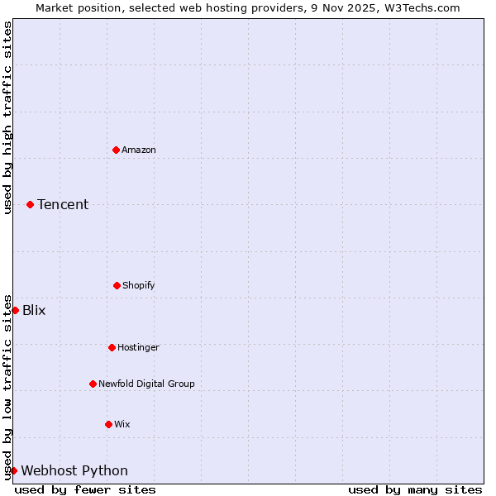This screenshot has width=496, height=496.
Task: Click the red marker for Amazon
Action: point(116,150)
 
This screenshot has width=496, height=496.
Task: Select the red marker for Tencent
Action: point(30,204)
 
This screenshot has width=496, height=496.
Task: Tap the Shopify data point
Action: point(117,285)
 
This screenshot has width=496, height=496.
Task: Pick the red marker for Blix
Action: point(15,310)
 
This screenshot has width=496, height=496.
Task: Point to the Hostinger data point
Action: point(112,347)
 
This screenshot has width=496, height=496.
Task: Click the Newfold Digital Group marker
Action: point(93,384)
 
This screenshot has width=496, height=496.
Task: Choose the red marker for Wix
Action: point(108,424)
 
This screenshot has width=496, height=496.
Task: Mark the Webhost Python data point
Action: point(13,470)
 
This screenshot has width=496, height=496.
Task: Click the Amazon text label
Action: point(139,150)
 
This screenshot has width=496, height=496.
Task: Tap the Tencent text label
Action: point(63,204)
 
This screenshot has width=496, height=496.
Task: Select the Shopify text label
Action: point(139,285)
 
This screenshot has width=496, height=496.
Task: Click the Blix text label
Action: point(34,310)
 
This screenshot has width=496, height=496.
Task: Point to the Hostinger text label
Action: point(138,347)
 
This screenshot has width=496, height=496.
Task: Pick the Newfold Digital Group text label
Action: point(146,384)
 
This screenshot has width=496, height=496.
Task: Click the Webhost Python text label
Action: point(74,470)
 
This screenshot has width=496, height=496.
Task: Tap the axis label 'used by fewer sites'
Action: point(85,489)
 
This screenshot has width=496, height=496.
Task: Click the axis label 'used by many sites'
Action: point(415,489)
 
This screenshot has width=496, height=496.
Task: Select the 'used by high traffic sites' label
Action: point(7,117)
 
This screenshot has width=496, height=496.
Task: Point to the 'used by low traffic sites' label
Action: point(7,386)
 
